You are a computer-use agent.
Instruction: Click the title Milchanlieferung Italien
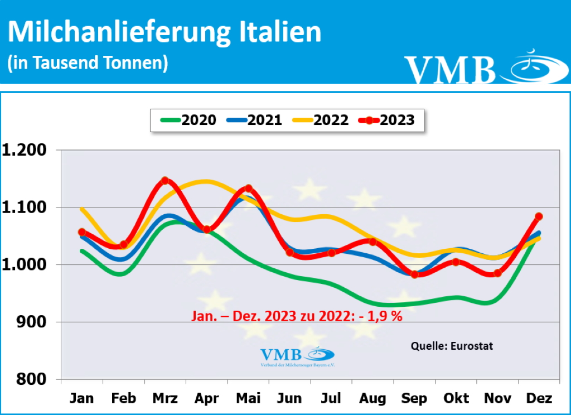click(164, 32)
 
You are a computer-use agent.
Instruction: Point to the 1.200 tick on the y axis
click(27, 150)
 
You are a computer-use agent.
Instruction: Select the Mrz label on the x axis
click(165, 398)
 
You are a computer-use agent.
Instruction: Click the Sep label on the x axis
click(414, 398)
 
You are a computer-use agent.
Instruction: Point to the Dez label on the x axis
click(539, 398)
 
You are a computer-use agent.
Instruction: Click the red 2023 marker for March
click(165, 181)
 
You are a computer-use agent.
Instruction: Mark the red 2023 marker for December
click(539, 216)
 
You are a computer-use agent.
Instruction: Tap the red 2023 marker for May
click(248, 189)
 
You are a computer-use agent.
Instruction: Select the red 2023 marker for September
click(414, 274)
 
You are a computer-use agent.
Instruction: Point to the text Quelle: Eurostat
click(452, 346)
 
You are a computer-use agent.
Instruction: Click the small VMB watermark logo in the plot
click(297, 355)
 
